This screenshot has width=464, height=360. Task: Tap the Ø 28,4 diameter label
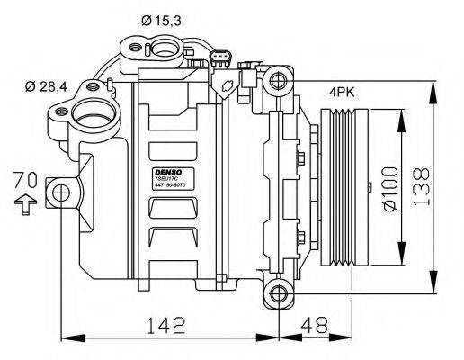[46, 86]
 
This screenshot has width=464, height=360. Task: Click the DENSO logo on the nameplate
[169, 171]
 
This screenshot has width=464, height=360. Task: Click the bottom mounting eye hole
[281, 292]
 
